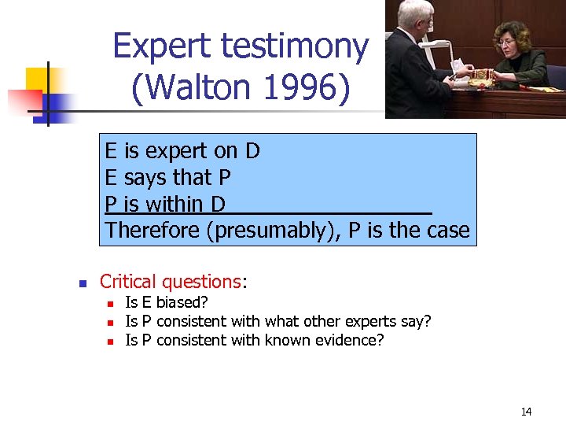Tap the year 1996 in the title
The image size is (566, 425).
pos(302,87)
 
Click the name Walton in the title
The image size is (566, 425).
pos(193,87)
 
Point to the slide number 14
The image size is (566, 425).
pos(526,412)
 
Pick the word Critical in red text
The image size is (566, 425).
pos(129,282)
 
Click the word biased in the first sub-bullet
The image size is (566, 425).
pos(182,303)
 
